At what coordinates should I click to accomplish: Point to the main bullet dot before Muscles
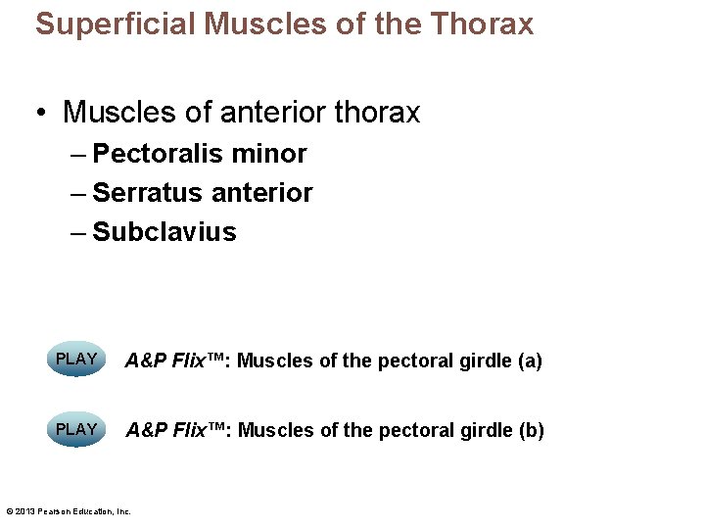point(42,114)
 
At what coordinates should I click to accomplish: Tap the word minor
point(270,154)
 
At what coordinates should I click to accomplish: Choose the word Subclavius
point(164,232)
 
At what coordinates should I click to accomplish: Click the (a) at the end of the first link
point(530,361)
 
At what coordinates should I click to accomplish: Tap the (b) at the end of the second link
point(532,430)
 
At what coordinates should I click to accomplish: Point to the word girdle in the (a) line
point(487,361)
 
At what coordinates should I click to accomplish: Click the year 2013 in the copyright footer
point(25,510)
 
